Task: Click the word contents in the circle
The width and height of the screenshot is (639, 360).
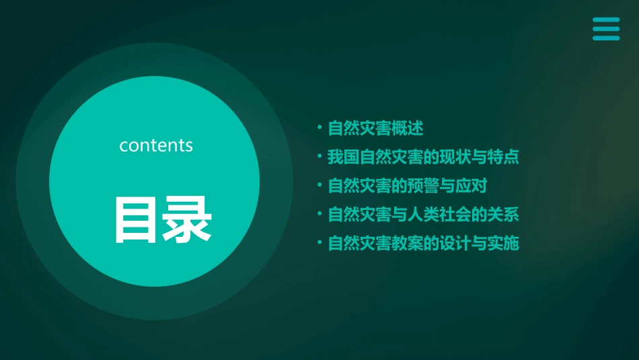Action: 156,145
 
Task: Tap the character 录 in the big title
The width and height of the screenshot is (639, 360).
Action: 184,219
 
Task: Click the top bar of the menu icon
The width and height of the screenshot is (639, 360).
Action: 605,20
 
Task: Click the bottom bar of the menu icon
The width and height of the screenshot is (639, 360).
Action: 605,38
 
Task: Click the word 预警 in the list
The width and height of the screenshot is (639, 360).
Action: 424,186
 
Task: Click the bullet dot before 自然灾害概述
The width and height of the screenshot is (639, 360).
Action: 320,128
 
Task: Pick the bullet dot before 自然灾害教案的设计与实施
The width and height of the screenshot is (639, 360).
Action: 320,244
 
